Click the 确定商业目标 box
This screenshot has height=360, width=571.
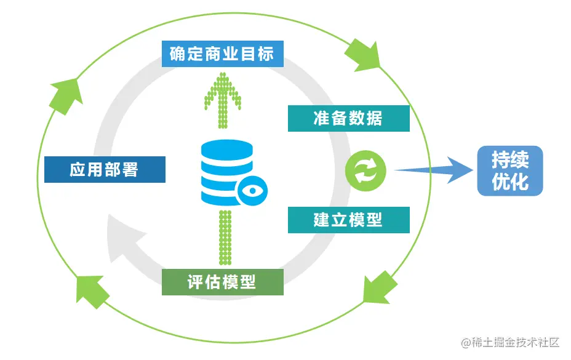(x=222, y=54)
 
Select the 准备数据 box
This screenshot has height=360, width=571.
(x=348, y=118)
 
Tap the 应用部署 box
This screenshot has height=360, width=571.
(x=105, y=169)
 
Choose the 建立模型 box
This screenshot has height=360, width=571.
(x=348, y=220)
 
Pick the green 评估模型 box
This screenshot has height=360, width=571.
(x=222, y=282)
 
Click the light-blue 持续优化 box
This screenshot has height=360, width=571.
(x=510, y=170)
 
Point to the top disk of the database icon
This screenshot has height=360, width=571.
(x=226, y=149)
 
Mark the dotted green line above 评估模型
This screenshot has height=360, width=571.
(x=225, y=237)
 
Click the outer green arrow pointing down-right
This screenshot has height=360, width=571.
(x=364, y=55)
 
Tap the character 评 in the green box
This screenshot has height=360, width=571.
(x=196, y=282)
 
